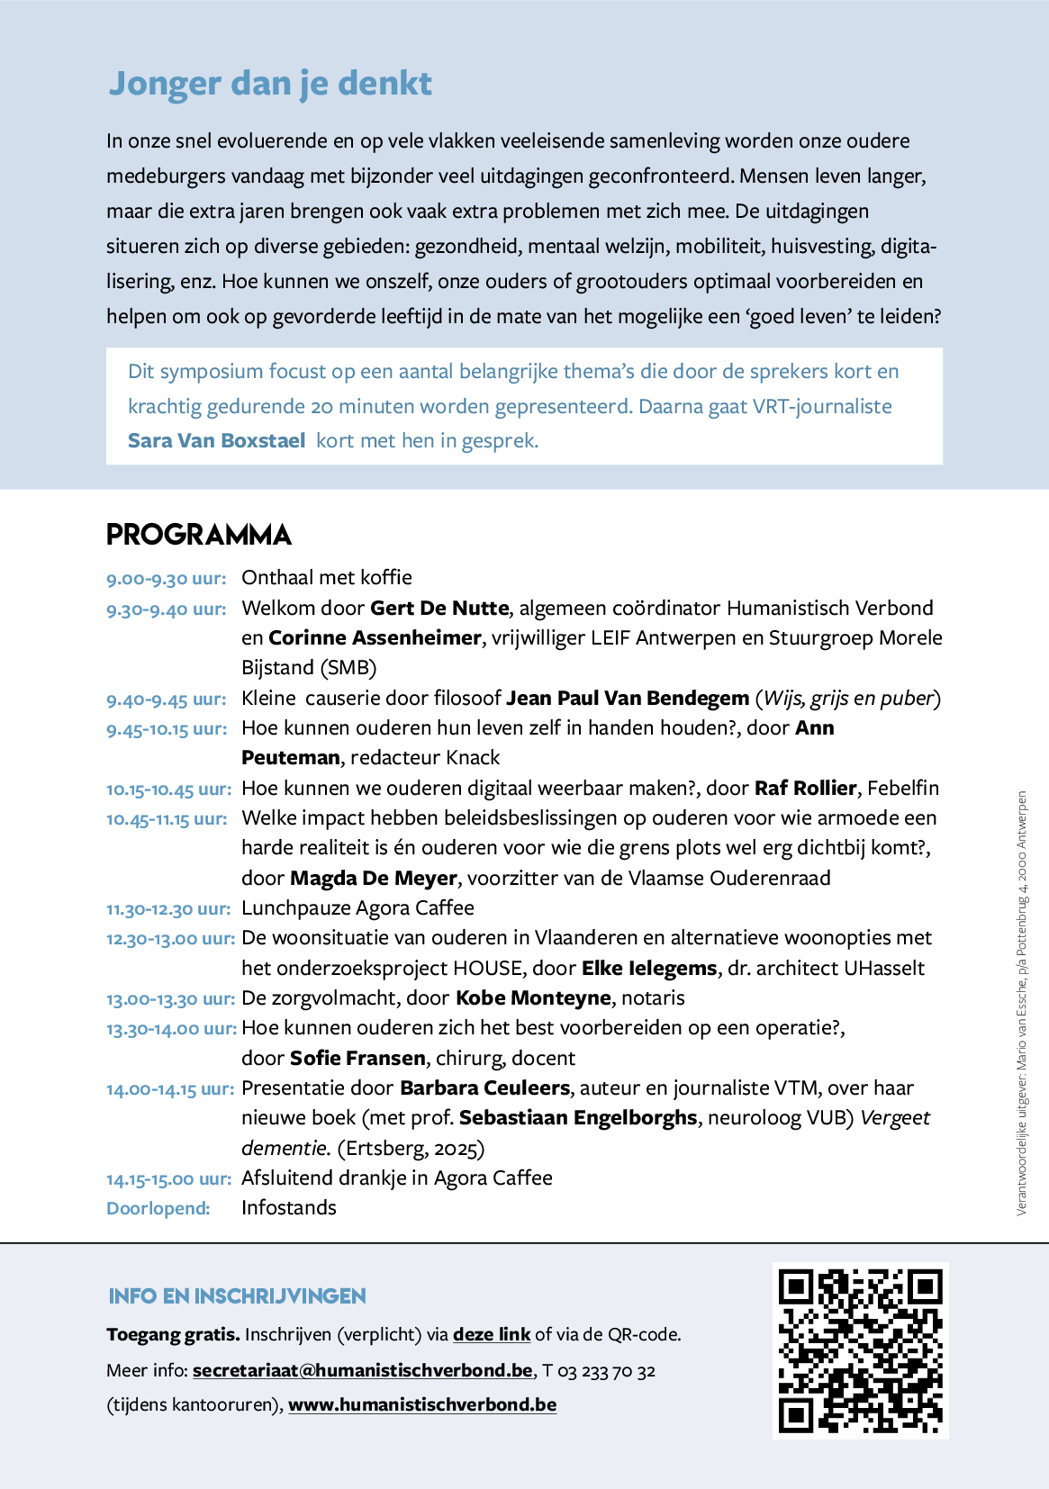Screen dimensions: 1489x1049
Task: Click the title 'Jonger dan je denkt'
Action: (x=270, y=83)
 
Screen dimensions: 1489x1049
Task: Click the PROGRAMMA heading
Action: (x=199, y=535)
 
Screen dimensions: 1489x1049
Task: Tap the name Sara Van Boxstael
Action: (x=216, y=441)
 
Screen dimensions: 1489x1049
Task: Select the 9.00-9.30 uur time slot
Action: (x=166, y=579)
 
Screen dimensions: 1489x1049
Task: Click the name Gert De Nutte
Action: (x=439, y=609)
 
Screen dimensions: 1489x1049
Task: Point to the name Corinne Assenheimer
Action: (x=375, y=638)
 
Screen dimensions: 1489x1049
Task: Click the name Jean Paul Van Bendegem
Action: (x=628, y=699)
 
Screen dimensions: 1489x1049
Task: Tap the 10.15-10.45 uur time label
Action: (x=168, y=790)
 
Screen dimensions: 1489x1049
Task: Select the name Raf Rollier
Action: (x=805, y=789)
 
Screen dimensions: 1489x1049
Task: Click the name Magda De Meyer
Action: (x=373, y=879)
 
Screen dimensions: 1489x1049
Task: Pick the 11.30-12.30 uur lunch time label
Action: (x=168, y=909)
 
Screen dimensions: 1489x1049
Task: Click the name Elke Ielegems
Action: (x=649, y=969)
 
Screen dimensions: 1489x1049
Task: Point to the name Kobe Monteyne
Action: (x=533, y=998)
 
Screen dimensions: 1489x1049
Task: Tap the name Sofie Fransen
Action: (x=357, y=1059)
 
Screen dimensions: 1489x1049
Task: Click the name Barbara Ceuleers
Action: (x=484, y=1088)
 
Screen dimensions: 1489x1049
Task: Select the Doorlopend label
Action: (x=158, y=1209)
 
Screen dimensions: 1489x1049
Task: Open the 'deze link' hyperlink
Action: (x=492, y=1334)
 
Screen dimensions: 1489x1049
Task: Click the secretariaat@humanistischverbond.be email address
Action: (x=362, y=1370)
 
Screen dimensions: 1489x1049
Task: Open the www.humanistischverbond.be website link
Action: (x=422, y=1404)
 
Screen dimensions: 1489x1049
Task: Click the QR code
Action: (x=860, y=1350)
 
